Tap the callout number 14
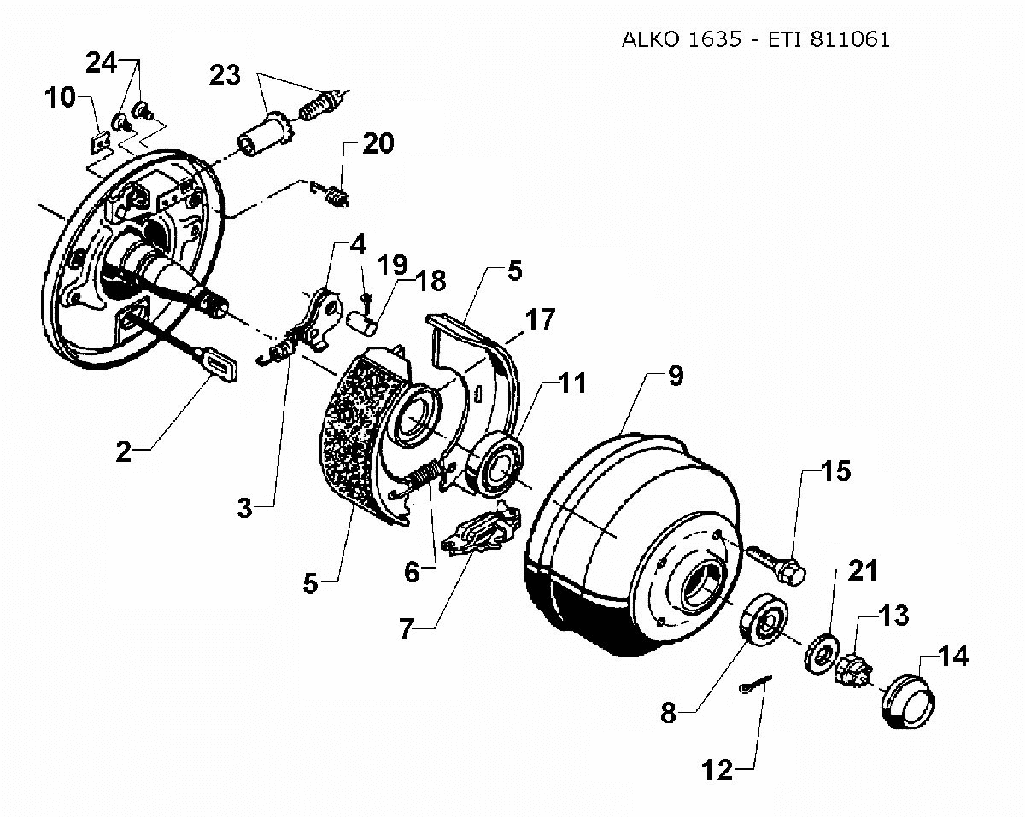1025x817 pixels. click(x=953, y=657)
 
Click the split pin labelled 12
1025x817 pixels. click(x=755, y=686)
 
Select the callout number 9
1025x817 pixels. click(x=675, y=376)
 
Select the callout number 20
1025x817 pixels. click(x=378, y=143)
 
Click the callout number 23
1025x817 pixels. click(x=225, y=76)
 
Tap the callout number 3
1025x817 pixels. click(x=246, y=510)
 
